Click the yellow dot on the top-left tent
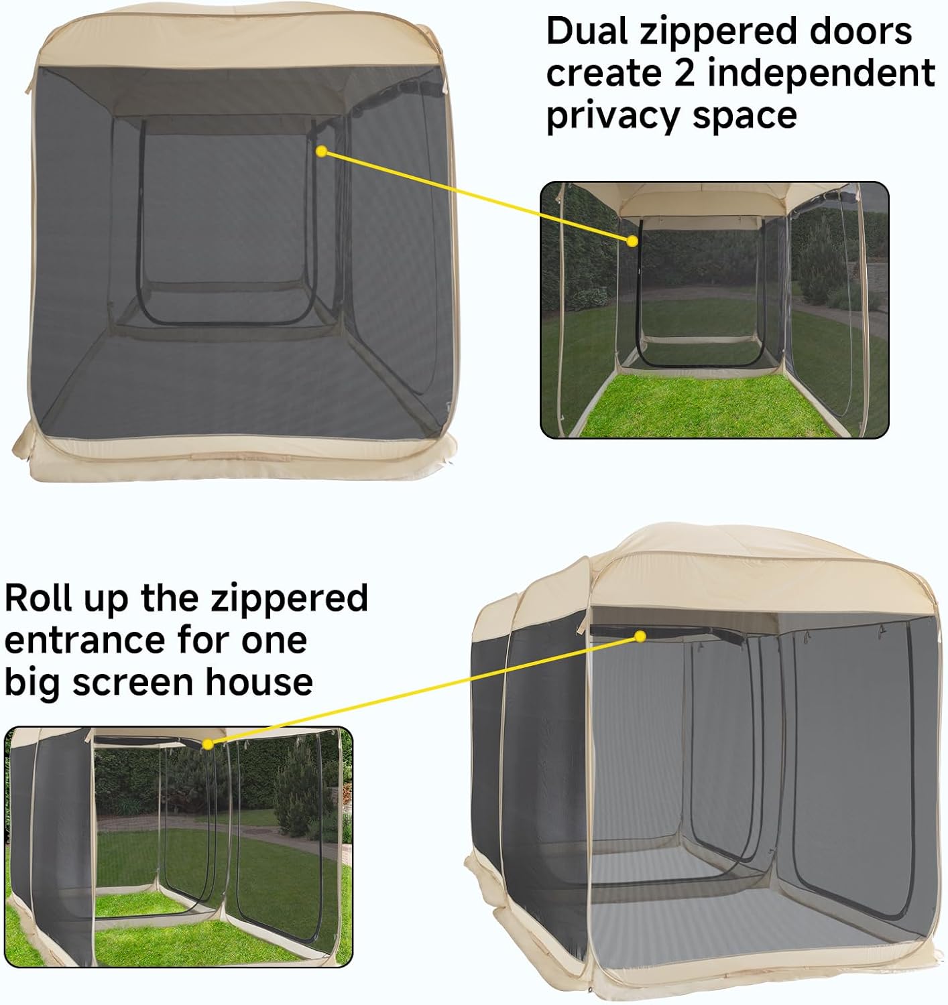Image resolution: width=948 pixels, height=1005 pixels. click(321, 152)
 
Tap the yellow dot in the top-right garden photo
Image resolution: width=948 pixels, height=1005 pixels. click(632, 241)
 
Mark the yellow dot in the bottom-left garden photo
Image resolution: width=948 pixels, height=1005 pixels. click(208, 744)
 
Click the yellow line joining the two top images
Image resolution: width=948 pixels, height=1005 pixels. click(476, 196)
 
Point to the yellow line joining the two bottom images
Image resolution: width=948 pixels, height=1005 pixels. click(422, 690)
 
